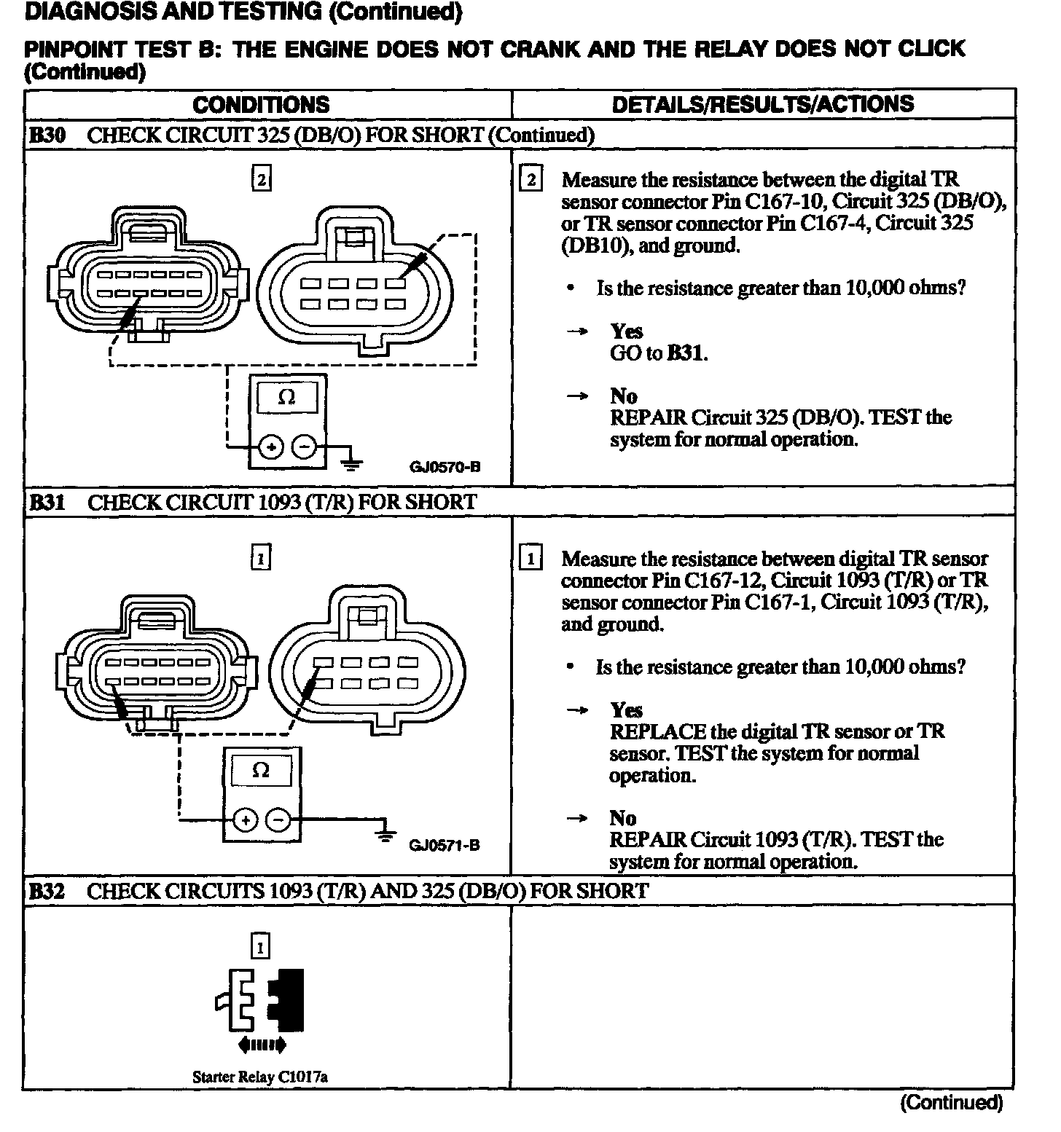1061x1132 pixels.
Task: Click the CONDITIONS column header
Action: [x=261, y=104]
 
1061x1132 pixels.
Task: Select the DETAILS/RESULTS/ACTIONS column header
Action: [x=762, y=104]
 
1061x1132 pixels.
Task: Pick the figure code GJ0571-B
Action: [x=444, y=846]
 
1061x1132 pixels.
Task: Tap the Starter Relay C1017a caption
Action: [x=259, y=1077]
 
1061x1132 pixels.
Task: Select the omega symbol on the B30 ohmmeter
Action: [x=287, y=398]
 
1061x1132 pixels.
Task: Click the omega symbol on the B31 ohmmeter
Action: [x=261, y=770]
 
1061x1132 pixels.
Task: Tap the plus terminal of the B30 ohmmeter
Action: [x=271, y=447]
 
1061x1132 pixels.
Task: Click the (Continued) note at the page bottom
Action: [x=951, y=1103]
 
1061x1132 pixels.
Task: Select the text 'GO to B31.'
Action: [x=659, y=353]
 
